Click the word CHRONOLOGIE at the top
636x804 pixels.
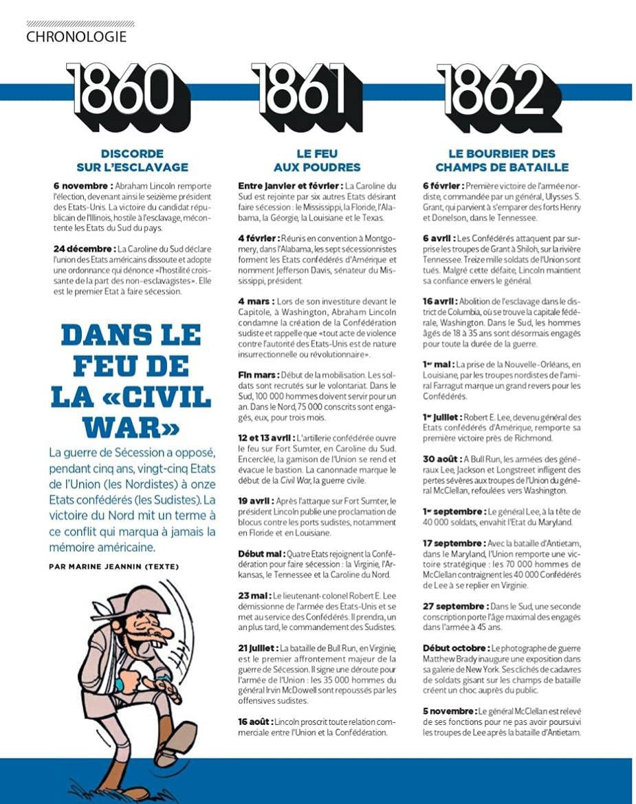76,36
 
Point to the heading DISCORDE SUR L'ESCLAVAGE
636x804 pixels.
132,160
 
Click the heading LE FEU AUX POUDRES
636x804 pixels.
317,160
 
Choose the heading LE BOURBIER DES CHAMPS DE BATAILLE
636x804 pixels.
502,160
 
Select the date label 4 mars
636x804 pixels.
256,301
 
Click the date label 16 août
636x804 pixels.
255,722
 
